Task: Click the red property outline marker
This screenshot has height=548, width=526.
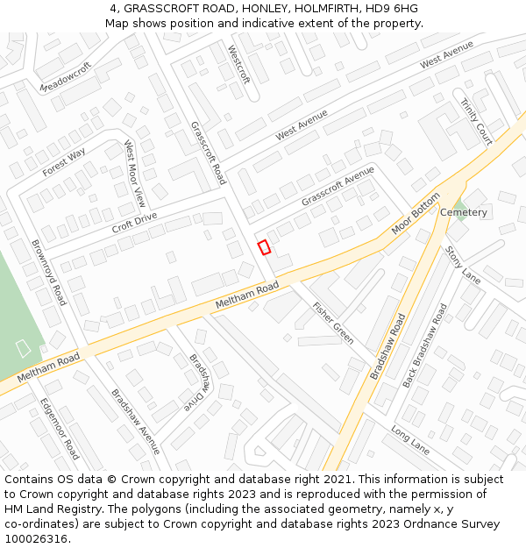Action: pos(264,247)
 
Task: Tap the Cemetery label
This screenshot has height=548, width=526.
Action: pos(463,213)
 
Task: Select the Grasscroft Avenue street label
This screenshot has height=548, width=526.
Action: pos(338,186)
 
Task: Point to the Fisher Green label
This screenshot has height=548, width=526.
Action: pos(333,322)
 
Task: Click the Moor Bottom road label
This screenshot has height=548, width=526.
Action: pos(415,215)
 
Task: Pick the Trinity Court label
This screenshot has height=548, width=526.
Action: pos(476,121)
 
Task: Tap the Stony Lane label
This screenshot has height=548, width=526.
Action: pos(463,264)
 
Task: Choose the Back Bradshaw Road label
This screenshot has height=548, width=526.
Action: pos(424,345)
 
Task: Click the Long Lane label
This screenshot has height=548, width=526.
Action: pos(410,441)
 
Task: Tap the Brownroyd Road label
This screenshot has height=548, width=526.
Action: pos(49,272)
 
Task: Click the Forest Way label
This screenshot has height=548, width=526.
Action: pos(64,162)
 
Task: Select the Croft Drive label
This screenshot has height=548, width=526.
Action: pos(134,223)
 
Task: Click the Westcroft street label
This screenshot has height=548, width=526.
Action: pos(238,64)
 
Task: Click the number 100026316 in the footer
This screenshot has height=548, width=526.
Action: pos(36,539)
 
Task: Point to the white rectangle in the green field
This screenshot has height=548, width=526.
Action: pos(23,348)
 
